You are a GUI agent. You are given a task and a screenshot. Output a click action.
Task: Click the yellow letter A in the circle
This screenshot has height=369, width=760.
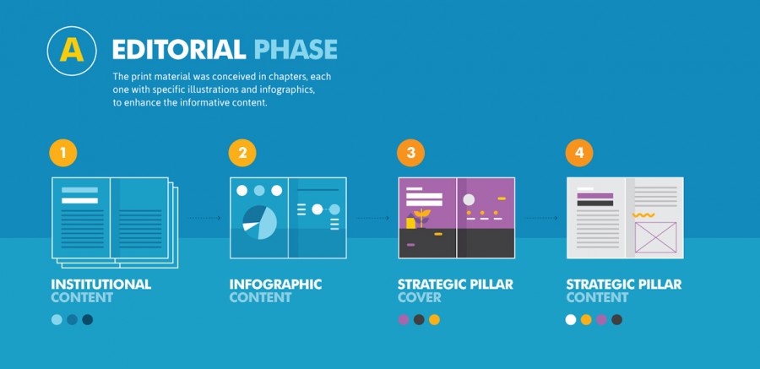pos(72,51)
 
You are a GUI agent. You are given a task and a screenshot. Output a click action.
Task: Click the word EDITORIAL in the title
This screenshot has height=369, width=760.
pos(179,50)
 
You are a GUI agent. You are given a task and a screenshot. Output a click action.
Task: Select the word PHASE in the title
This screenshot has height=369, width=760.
pos(296,50)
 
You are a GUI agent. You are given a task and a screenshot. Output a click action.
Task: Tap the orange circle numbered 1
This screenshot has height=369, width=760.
pos(63,153)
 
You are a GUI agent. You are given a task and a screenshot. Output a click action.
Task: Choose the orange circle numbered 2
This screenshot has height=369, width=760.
pos(242,153)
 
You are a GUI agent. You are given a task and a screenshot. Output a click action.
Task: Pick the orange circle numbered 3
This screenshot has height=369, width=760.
pos(410,153)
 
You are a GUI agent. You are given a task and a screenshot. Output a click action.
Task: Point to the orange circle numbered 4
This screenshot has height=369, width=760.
pos(579,153)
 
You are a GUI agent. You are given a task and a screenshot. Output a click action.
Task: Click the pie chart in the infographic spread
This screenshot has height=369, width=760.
pos(260,223)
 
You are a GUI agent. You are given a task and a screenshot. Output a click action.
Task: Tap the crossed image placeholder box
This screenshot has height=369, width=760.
pos(656,237)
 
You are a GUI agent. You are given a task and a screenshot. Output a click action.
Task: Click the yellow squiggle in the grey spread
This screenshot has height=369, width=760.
pos(643,214)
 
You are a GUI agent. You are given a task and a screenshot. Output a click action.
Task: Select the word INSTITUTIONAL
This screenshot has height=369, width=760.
pos(100,285)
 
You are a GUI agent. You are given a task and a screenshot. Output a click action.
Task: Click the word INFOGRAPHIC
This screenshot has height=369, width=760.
pos(275,285)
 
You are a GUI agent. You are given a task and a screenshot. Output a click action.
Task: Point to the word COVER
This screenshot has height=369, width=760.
pos(419,297)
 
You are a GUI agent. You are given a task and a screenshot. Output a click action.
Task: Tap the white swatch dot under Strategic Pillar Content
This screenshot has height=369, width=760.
pos(571,319)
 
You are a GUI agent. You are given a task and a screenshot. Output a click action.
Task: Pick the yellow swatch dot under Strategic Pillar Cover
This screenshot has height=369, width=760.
pos(434,319)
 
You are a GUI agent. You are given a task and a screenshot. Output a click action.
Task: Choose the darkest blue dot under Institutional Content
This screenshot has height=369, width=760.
pos(87,319)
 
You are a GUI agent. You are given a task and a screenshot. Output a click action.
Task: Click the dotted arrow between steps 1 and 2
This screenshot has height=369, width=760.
pos(204,218)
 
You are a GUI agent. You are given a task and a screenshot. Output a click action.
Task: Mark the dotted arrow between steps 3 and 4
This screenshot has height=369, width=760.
pos(541,218)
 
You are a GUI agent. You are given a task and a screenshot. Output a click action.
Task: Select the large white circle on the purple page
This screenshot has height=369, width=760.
pos(469,199)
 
